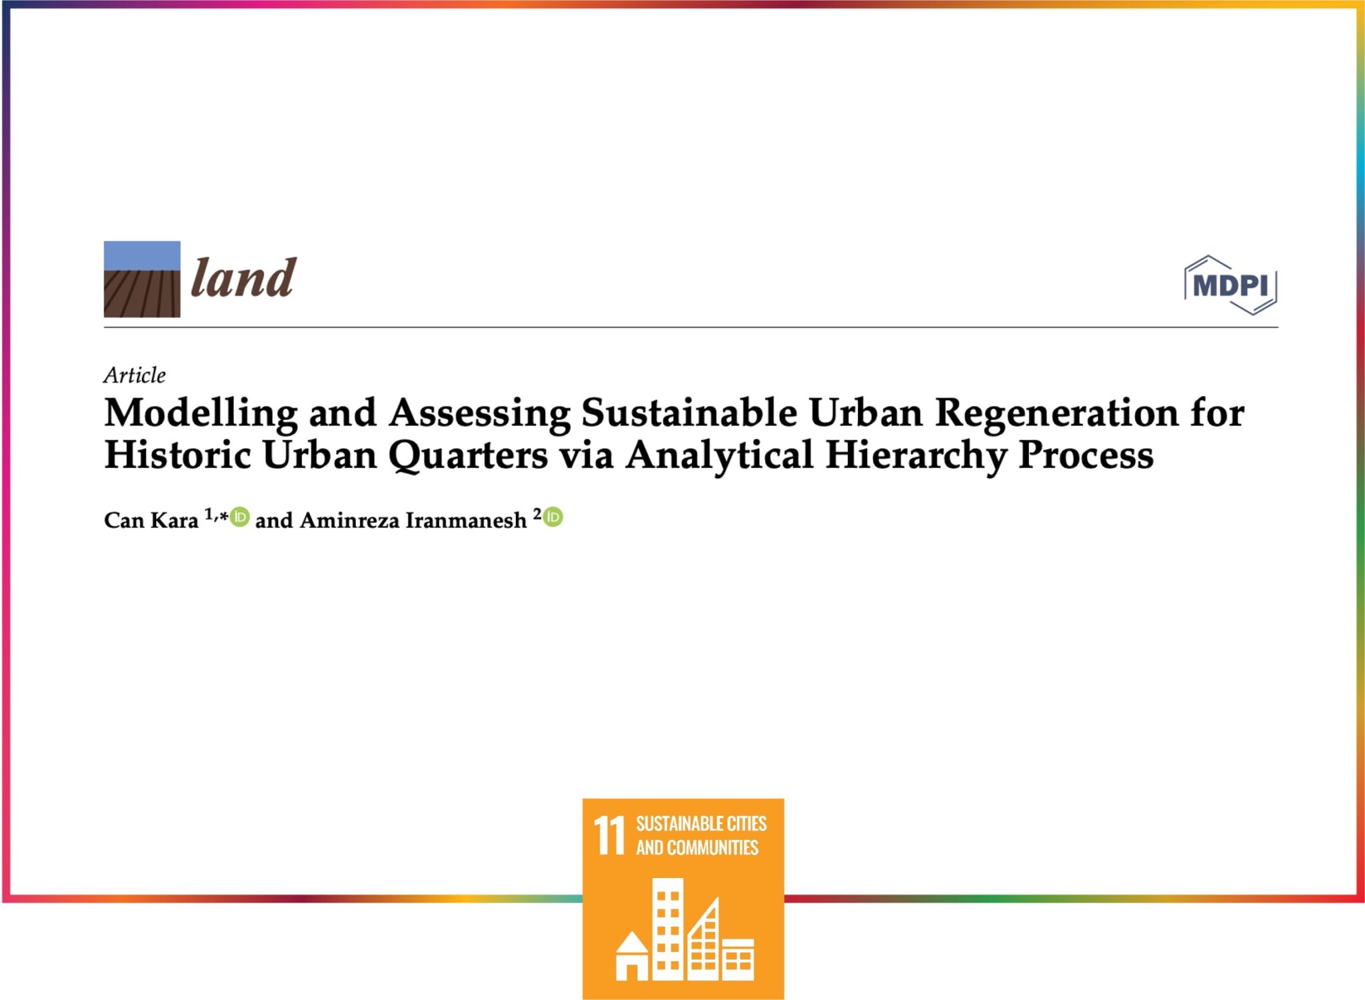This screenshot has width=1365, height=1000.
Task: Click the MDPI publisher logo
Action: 1230,285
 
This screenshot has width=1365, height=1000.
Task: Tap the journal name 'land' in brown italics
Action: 243,278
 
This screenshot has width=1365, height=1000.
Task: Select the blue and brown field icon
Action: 142,279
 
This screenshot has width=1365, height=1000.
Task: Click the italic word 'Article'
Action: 135,375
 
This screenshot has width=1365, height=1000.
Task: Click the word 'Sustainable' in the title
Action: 688,413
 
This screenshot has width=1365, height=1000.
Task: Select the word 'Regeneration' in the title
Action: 1056,413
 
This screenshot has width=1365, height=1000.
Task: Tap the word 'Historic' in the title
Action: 178,455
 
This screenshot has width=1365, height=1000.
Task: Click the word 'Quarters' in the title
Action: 468,456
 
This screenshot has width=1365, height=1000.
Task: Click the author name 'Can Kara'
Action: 151,520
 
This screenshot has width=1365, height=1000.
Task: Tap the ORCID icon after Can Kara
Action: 240,517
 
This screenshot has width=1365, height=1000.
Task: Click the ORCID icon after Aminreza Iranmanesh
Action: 553,517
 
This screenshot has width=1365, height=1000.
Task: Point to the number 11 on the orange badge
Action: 609,835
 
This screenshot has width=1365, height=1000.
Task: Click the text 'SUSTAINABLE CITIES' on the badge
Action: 701,824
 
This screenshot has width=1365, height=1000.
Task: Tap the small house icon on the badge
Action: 631,957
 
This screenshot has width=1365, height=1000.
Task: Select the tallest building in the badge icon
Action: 667,928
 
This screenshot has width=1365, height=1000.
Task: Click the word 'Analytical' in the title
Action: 719,456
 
